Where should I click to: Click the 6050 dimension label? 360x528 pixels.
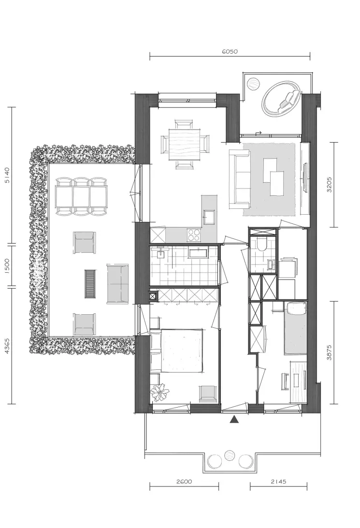click(230, 52)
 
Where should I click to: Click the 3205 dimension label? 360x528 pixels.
click(330, 185)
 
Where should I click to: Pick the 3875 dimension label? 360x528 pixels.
click(330, 352)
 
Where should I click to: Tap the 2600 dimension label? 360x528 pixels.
click(184, 482)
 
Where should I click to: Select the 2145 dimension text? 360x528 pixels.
click(279, 482)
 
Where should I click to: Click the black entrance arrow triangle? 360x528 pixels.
click(234, 419)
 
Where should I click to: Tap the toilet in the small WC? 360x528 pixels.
click(261, 244)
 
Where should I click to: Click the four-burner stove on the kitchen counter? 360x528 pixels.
click(193, 235)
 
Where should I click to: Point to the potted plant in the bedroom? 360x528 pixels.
click(159, 392)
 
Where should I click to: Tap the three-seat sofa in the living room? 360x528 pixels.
click(240, 179)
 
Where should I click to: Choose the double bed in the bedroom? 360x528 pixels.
click(177, 351)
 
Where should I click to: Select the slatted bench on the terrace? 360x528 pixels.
click(90, 283)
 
